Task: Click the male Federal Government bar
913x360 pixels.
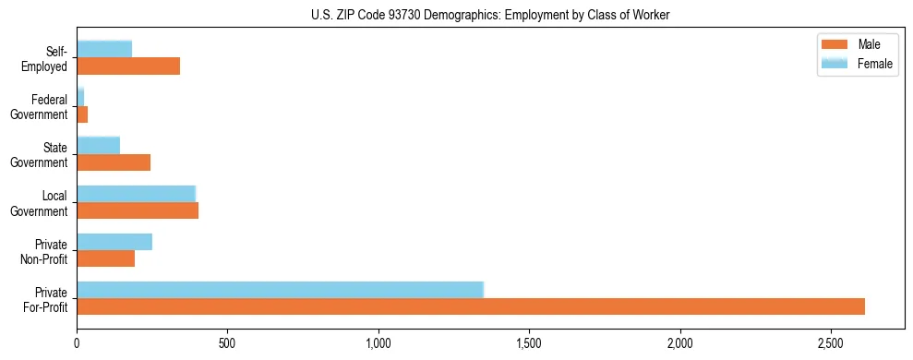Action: tap(82, 114)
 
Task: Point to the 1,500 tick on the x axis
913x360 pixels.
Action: tap(529, 343)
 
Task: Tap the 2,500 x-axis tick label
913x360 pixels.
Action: tap(831, 343)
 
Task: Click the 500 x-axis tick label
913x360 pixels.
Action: tap(227, 343)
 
